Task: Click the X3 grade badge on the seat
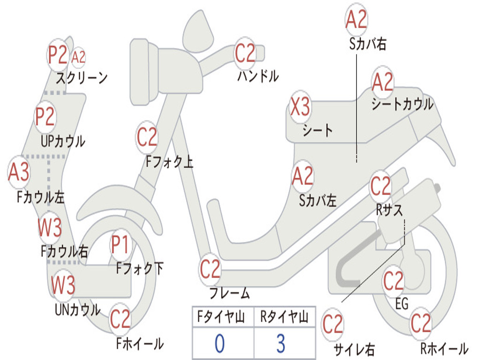[300, 107]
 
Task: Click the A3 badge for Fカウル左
[19, 172]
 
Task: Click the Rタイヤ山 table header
[284, 317]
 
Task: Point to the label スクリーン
[82, 77]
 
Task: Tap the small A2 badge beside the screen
[79, 57]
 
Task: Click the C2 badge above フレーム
[210, 270]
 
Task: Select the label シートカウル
[402, 105]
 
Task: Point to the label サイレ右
[354, 349]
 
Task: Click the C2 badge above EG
[393, 281]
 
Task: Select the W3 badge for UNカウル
[63, 285]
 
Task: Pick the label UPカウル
[62, 141]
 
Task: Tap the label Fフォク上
[169, 162]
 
